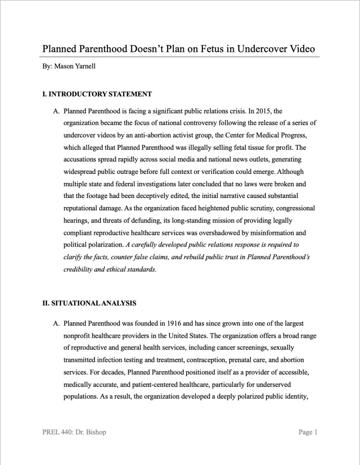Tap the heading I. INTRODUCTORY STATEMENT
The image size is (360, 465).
click(x=97, y=94)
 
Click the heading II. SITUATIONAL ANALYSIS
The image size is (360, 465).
click(x=89, y=303)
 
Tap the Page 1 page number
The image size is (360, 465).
click(x=308, y=432)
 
